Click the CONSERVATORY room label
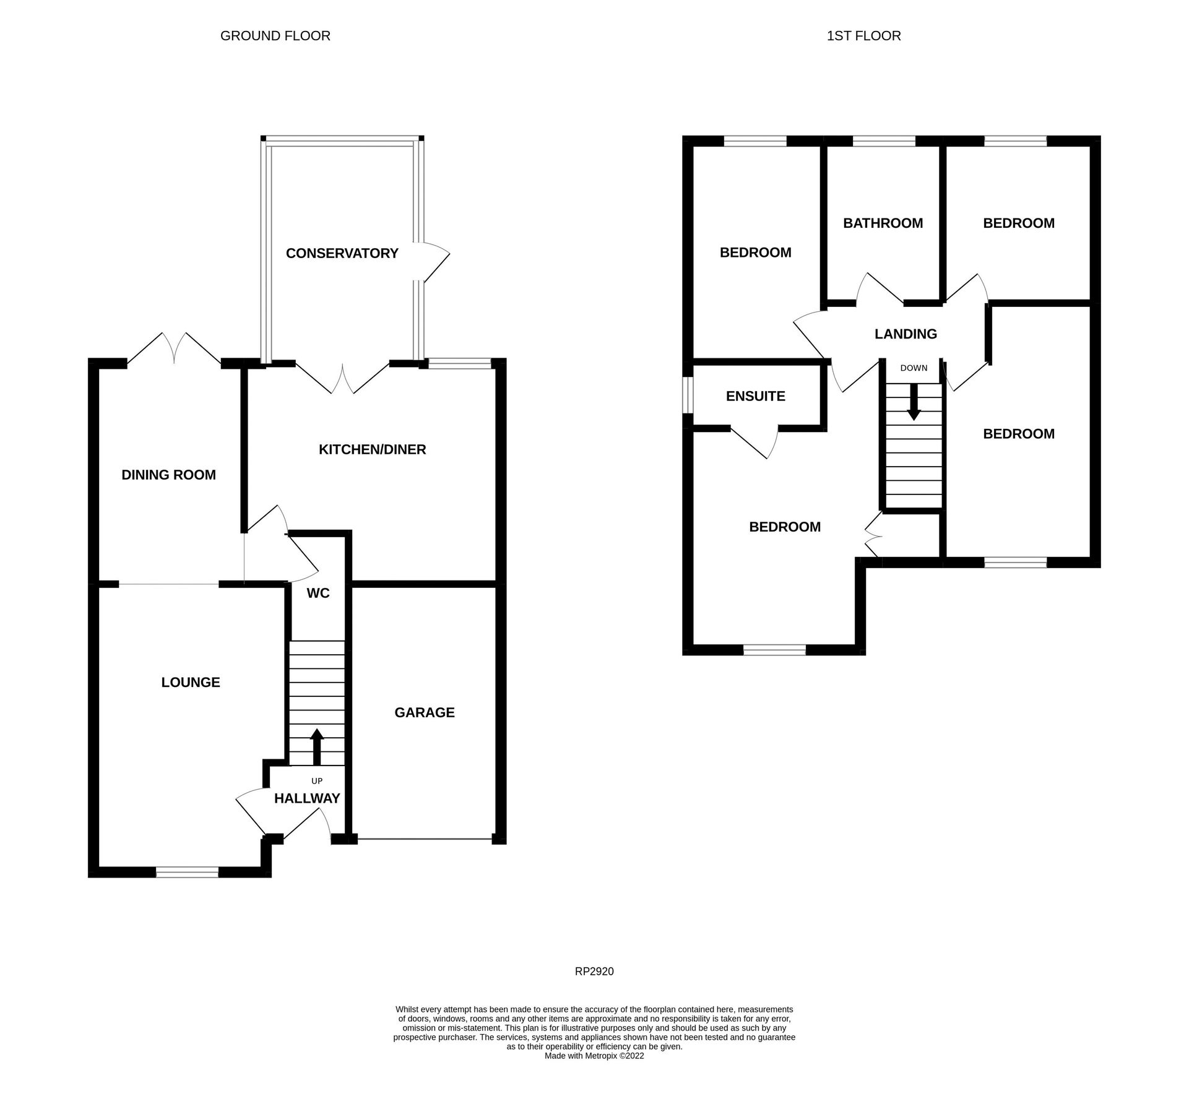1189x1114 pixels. pos(342,253)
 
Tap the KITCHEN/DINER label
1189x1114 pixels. pos(372,449)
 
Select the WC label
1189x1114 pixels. pos(318,593)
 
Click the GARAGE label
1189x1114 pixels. pos(424,712)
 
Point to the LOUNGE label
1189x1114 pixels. pos(191,682)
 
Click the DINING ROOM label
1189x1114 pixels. pos(168,475)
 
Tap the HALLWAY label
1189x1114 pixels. pos(307,798)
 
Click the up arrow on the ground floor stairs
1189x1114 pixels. pos(317,746)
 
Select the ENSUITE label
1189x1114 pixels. pos(755,396)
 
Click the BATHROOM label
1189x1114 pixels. pos(883,223)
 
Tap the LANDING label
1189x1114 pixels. pos(906,334)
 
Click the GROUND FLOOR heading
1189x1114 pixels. pos(275,36)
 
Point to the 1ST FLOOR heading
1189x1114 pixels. pos(863,36)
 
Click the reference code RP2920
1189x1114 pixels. pos(594,972)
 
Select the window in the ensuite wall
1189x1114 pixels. pos(687,395)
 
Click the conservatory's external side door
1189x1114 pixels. pos(433,262)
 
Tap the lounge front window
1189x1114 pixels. pos(187,872)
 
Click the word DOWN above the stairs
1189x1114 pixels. pos(914,368)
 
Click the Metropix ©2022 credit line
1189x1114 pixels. pos(594,1056)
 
